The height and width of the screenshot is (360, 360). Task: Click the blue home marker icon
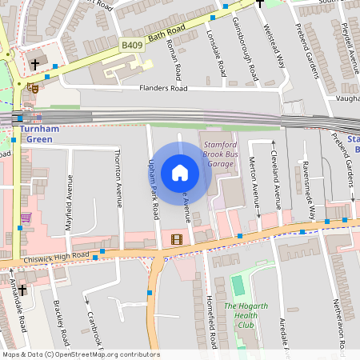(180, 173)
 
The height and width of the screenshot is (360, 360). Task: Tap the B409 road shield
(132, 46)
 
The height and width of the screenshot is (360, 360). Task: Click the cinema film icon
(176, 238)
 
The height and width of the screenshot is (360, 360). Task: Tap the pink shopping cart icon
(26, 217)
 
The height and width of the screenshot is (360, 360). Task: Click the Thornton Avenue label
(119, 178)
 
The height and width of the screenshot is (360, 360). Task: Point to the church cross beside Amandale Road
(22, 289)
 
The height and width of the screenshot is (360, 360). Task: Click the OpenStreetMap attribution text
(81, 354)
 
